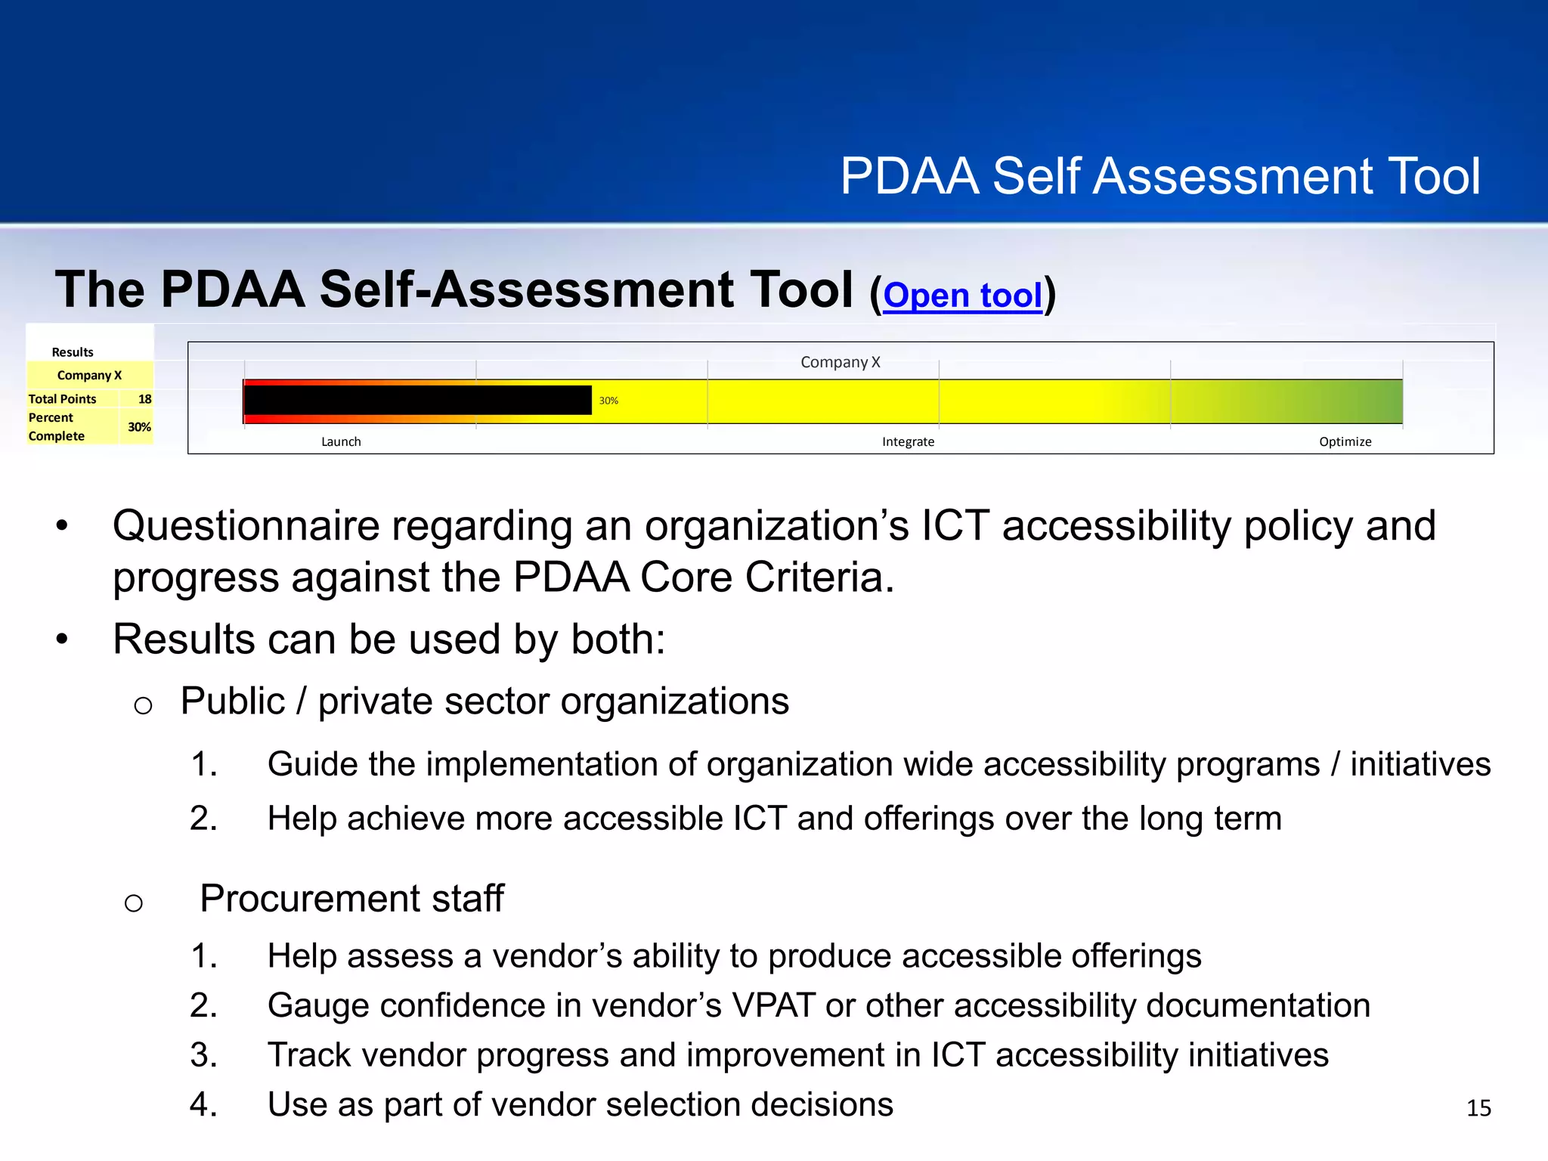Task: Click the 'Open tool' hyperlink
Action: pos(962,295)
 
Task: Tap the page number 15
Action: pos(1478,1108)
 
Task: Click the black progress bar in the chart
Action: pos(417,400)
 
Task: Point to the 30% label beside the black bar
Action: pos(608,401)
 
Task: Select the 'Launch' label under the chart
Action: pos(341,441)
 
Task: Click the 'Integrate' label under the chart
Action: pos(908,441)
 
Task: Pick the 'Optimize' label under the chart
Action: pos(1345,441)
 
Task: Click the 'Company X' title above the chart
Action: pos(840,362)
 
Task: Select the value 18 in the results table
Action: pos(144,399)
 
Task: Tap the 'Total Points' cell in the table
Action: pos(63,399)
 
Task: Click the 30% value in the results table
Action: pos(139,427)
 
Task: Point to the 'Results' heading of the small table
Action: pos(73,352)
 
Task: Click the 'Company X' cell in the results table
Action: pos(89,376)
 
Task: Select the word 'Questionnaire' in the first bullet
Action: pos(246,526)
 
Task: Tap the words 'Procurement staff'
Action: pos(351,899)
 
